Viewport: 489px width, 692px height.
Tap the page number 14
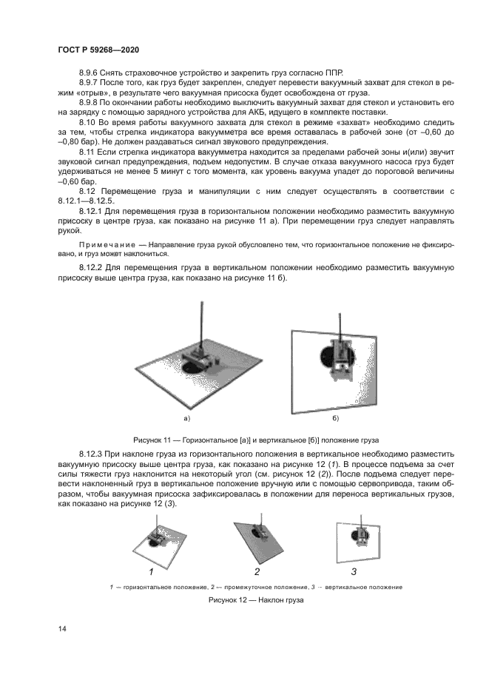(x=63, y=628)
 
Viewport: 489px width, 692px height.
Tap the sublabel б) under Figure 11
(x=335, y=418)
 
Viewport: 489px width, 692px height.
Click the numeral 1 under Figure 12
(x=152, y=571)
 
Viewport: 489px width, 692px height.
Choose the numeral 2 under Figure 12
(x=257, y=571)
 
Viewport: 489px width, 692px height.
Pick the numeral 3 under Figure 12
(x=354, y=571)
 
